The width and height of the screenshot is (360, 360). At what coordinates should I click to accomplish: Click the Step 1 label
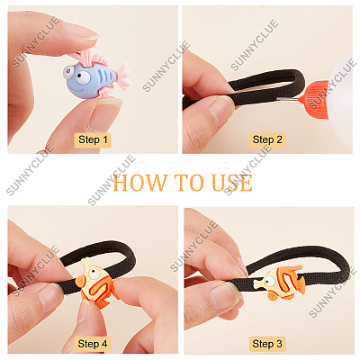pos(93,139)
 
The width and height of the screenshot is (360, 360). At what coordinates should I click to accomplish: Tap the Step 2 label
pos(267,139)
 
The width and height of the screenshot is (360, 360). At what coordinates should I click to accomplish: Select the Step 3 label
pos(267,344)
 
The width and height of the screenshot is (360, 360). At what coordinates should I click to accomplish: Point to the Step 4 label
pos(93,344)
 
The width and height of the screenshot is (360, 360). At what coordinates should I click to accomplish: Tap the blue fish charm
pos(96,76)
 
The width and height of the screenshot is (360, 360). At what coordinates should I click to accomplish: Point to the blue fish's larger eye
pos(83,77)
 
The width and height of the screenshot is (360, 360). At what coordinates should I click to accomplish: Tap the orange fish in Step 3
pos(279,282)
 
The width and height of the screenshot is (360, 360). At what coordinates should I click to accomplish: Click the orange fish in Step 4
pos(96,283)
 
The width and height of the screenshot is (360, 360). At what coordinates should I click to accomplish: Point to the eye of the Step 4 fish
pos(94,274)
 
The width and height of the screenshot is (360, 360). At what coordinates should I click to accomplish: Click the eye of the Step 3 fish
pos(270,282)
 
